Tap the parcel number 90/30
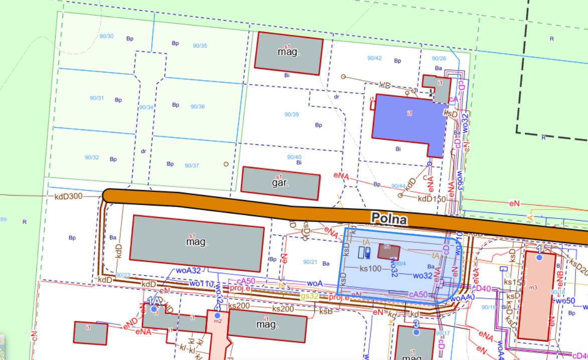click(x=107, y=36)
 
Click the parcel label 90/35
click(x=200, y=46)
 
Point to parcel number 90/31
click(x=97, y=98)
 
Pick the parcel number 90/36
click(x=198, y=106)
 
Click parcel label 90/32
click(x=92, y=157)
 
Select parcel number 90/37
click(x=192, y=165)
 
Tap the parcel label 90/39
click(x=291, y=114)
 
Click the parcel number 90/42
click(x=374, y=58)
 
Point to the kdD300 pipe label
click(x=68, y=196)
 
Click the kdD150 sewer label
click(x=432, y=199)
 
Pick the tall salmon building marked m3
click(x=536, y=296)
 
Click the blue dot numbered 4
click(x=217, y=315)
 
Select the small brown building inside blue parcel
click(x=388, y=251)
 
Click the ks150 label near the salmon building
click(x=514, y=282)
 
